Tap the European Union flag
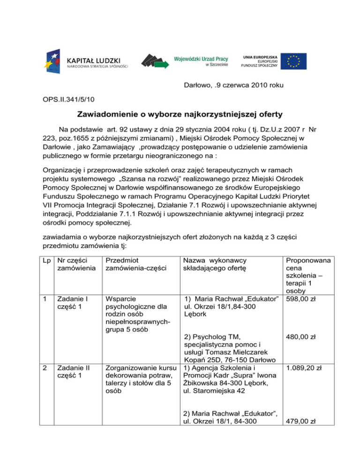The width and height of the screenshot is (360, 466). click(x=294, y=61)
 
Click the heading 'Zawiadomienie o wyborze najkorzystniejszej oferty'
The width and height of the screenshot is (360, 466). click(x=180, y=115)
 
